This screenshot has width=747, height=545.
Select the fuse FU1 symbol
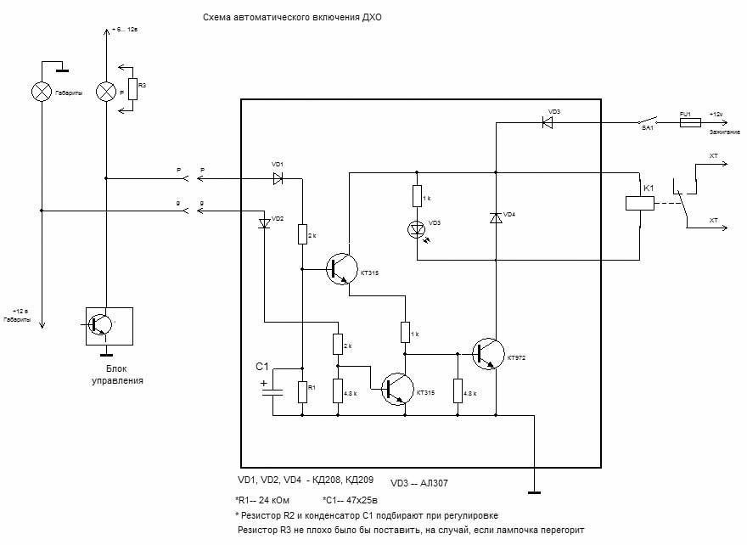point(690,123)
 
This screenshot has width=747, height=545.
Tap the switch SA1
point(649,121)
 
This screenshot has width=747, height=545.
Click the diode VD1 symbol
point(278,179)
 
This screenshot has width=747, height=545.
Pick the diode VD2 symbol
point(264,222)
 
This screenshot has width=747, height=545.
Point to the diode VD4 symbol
point(496,218)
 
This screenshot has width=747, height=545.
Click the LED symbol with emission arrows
point(417,229)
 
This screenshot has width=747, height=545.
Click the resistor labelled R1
point(302,391)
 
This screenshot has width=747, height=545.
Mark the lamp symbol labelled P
point(105,92)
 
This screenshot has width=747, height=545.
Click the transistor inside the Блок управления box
point(103,325)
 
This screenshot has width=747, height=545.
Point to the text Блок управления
point(117,375)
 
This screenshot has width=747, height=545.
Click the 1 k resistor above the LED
point(417,196)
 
